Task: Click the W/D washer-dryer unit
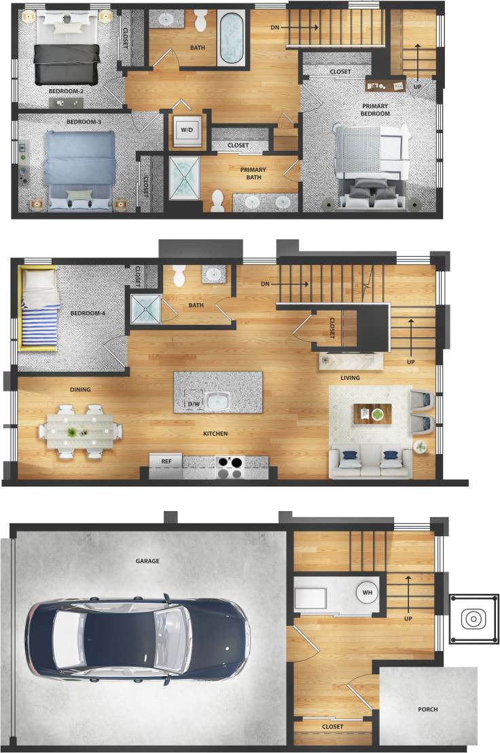click(186, 129)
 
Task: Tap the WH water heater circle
click(368, 592)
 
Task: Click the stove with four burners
click(230, 467)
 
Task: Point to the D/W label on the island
click(194, 404)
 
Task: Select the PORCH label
click(428, 710)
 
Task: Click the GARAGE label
click(147, 561)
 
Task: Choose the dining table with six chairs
click(80, 432)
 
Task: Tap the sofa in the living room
click(370, 461)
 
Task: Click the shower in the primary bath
click(185, 179)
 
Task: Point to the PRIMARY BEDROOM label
click(376, 109)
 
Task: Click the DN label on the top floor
click(275, 27)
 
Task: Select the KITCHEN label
click(215, 434)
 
